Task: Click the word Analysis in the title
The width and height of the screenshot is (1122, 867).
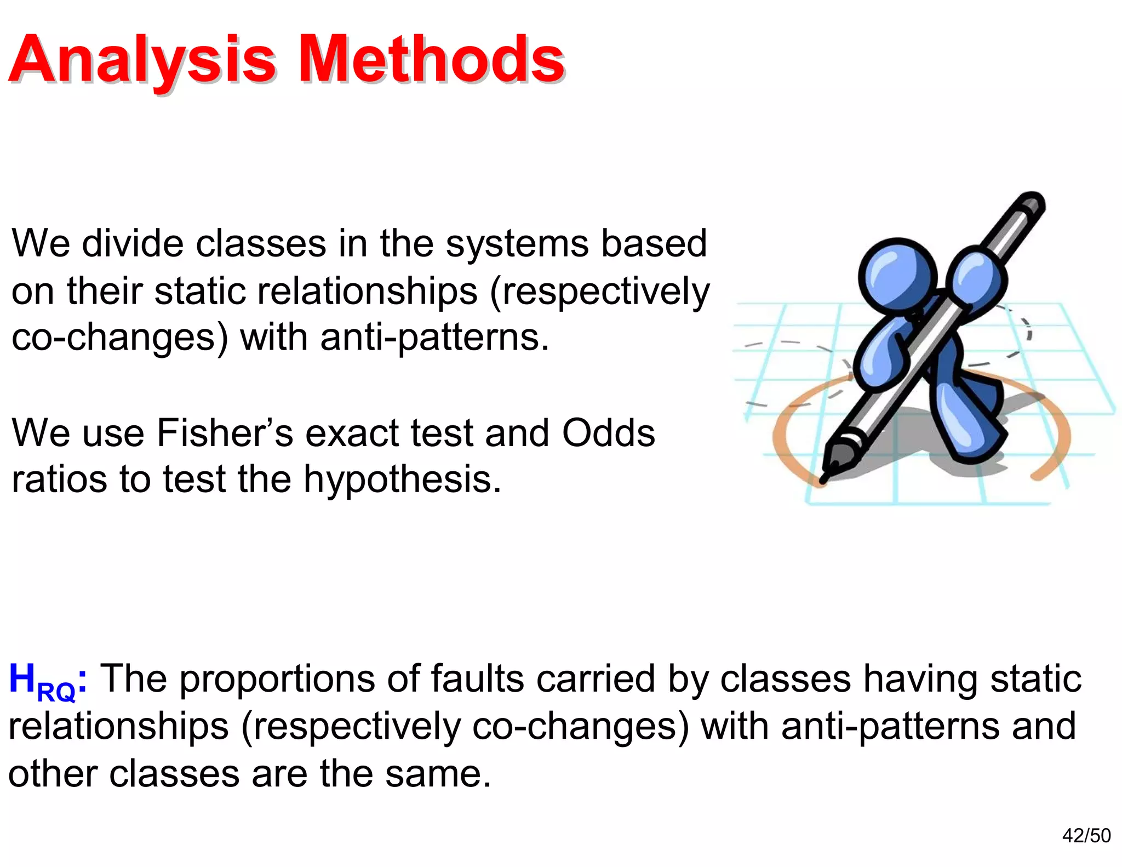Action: coord(141,59)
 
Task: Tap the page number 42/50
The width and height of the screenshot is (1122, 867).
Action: coord(1086,835)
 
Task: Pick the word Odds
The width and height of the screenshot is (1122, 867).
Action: coord(608,433)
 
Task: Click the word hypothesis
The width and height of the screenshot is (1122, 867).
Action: coord(402,480)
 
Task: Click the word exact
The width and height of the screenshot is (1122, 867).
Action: coord(351,433)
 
